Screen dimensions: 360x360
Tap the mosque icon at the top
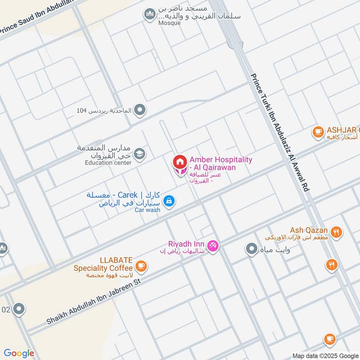tap(150, 15)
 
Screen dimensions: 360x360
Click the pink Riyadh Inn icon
tap(213, 246)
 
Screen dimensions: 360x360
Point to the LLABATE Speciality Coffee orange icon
tap(141, 266)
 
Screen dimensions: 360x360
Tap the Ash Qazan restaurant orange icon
tap(336, 232)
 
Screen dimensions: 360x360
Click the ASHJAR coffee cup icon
tap(319, 132)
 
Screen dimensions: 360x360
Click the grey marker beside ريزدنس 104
tap(140, 109)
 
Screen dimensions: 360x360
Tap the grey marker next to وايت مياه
tap(251, 249)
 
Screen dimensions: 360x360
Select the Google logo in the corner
tap(19, 353)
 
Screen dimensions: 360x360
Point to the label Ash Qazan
tap(309, 230)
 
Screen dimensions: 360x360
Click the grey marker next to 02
tap(19, 309)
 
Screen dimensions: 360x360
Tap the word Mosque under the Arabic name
tap(169, 23)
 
